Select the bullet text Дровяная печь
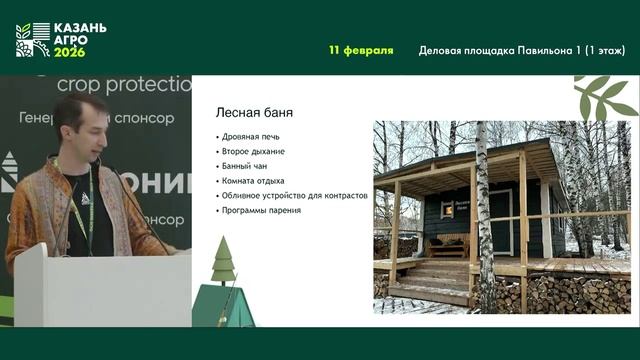[x=252, y=135]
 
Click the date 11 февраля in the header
[x=361, y=50]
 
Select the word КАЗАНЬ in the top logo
[x=81, y=28]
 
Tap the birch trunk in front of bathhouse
[x=485, y=220]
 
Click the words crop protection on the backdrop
[x=123, y=84]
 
